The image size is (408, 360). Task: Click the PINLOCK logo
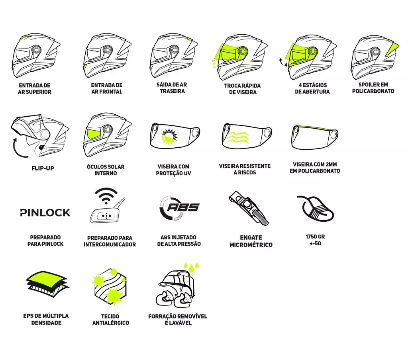(45, 213)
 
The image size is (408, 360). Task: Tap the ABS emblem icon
(179, 208)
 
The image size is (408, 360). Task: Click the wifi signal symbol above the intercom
(106, 196)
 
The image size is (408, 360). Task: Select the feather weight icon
(316, 209)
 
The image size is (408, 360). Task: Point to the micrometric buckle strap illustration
(249, 208)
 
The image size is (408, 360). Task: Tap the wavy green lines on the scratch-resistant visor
(237, 137)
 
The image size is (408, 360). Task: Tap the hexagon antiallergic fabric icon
(110, 286)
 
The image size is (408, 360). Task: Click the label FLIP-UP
(43, 168)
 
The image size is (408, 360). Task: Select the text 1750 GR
(315, 237)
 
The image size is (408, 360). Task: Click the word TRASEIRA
(172, 91)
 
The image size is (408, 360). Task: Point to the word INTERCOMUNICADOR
(110, 245)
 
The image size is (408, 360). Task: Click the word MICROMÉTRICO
(251, 245)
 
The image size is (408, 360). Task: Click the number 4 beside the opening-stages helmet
(286, 65)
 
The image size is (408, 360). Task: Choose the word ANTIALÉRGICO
(111, 323)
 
